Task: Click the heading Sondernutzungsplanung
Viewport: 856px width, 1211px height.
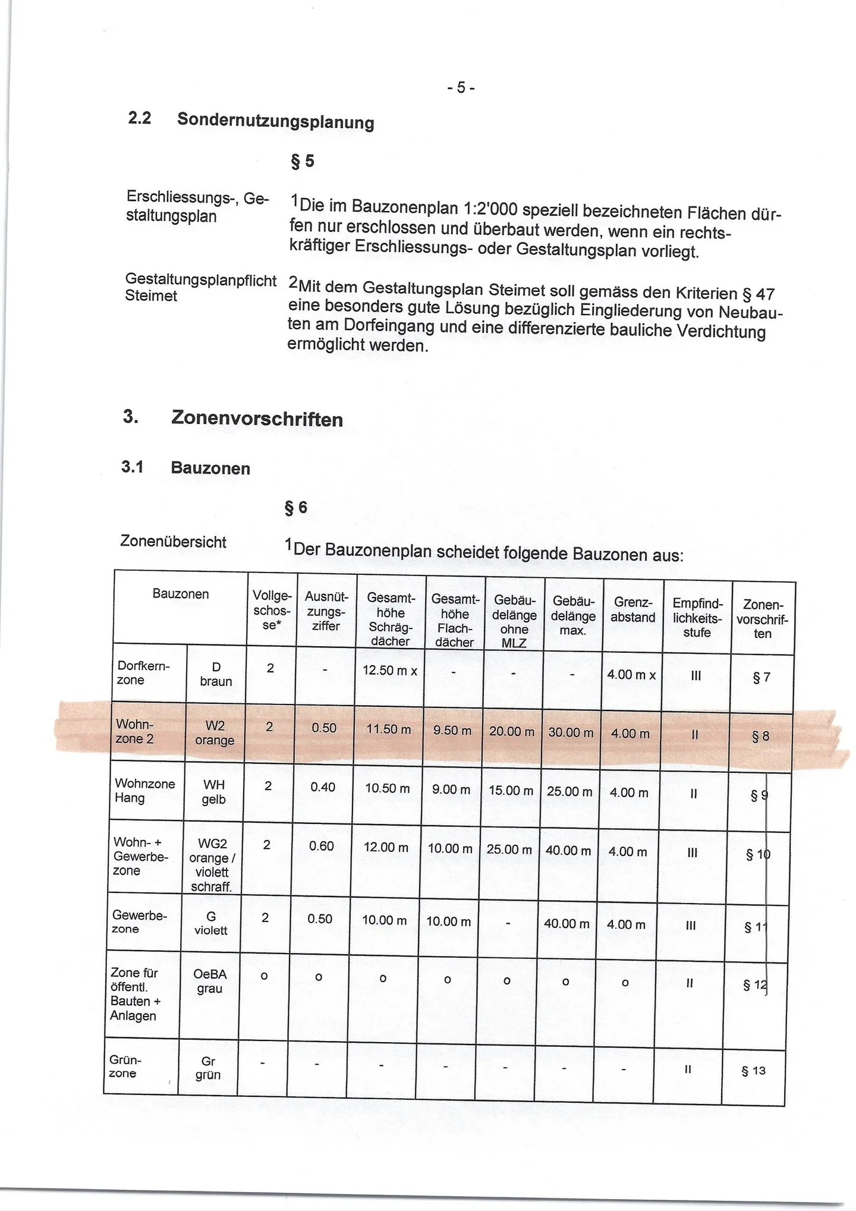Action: coord(275,121)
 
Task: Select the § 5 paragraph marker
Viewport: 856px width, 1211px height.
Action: coord(302,161)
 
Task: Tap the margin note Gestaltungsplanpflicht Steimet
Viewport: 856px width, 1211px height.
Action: coord(200,287)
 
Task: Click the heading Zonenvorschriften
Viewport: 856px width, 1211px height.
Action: coord(257,419)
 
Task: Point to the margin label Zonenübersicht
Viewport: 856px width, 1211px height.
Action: coord(173,542)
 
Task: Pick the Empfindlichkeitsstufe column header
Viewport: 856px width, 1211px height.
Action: coord(697,618)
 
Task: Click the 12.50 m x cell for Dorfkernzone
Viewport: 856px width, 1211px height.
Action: coord(390,671)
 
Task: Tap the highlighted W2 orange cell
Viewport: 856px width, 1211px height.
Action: coord(215,732)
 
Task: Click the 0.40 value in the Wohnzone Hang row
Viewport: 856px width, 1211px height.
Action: coord(323,787)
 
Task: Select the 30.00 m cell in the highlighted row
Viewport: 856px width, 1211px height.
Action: coord(571,732)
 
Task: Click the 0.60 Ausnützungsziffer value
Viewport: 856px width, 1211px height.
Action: coord(322,845)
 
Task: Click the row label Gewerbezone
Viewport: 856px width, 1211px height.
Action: coord(140,922)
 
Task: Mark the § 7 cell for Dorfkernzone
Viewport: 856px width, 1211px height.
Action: coord(761,678)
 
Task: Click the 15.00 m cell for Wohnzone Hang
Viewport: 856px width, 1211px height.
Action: coord(511,791)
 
